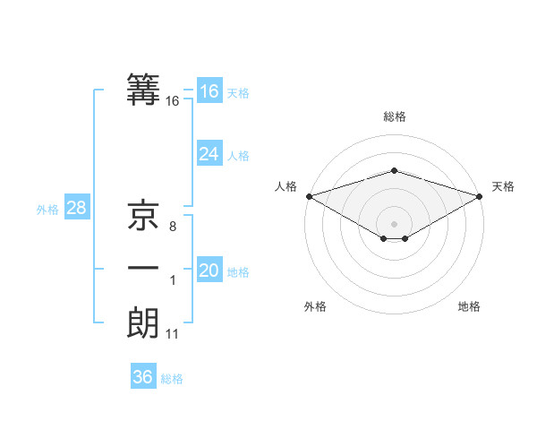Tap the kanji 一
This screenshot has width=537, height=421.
(143, 269)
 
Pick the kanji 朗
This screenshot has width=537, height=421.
(143, 322)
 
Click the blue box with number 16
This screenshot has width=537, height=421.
(209, 91)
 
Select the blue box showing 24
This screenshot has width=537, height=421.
(209, 154)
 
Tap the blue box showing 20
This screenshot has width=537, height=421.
(209, 271)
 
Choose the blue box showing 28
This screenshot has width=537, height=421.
(76, 208)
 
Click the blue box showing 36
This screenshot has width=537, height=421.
(142, 377)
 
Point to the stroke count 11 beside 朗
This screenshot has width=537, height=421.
(173, 334)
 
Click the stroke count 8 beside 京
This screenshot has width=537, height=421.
(172, 228)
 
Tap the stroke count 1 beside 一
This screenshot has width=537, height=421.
(172, 281)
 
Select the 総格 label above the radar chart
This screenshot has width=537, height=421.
(394, 116)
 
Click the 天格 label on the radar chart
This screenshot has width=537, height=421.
(503, 186)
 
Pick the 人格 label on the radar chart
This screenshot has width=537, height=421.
(286, 186)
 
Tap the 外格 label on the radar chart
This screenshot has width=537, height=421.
(315, 306)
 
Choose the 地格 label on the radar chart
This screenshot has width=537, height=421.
(469, 306)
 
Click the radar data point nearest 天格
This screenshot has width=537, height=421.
(481, 196)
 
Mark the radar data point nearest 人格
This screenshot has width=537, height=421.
(308, 196)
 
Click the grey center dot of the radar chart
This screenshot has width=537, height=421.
(394, 223)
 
